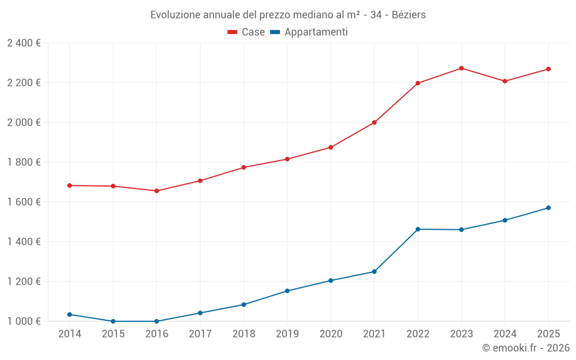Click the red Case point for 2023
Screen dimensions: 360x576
click(461, 69)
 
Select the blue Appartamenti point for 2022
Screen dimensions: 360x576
click(418, 229)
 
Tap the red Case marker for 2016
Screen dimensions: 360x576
click(157, 191)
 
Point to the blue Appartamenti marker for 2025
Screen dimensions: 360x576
click(548, 208)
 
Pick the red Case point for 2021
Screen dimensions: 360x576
click(374, 123)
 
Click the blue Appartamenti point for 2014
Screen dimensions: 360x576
click(70, 314)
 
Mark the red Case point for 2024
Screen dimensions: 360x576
click(505, 81)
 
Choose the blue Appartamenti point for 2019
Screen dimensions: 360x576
click(287, 291)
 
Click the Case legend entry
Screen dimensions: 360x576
click(247, 32)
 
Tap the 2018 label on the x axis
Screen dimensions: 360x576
click(244, 334)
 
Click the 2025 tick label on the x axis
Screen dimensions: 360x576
click(548, 334)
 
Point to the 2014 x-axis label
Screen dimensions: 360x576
click(70, 334)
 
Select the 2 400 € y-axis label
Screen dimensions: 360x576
click(24, 43)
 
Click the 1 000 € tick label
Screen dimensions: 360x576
click(24, 321)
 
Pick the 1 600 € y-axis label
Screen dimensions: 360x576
click(24, 202)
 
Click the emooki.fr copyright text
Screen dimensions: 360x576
click(526, 348)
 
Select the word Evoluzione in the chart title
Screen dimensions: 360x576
click(175, 15)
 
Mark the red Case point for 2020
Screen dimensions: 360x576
click(331, 147)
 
